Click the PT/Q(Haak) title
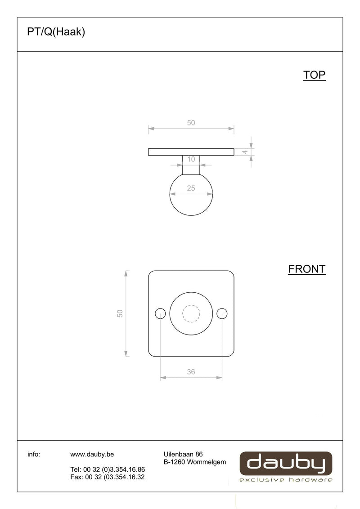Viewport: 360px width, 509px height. click(x=56, y=32)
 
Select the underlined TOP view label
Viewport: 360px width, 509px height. click(x=314, y=75)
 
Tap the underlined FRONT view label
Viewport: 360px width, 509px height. click(x=307, y=269)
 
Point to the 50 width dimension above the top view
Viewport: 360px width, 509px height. click(x=191, y=123)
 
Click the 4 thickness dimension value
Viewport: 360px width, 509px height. click(x=245, y=152)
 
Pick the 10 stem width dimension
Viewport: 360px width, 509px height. click(x=191, y=159)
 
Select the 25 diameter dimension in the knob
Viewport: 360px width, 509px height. click(x=191, y=188)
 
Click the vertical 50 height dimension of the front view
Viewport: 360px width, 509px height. click(x=120, y=313)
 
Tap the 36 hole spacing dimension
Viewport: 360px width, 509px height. click(x=191, y=372)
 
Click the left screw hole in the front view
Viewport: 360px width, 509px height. click(x=160, y=313)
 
